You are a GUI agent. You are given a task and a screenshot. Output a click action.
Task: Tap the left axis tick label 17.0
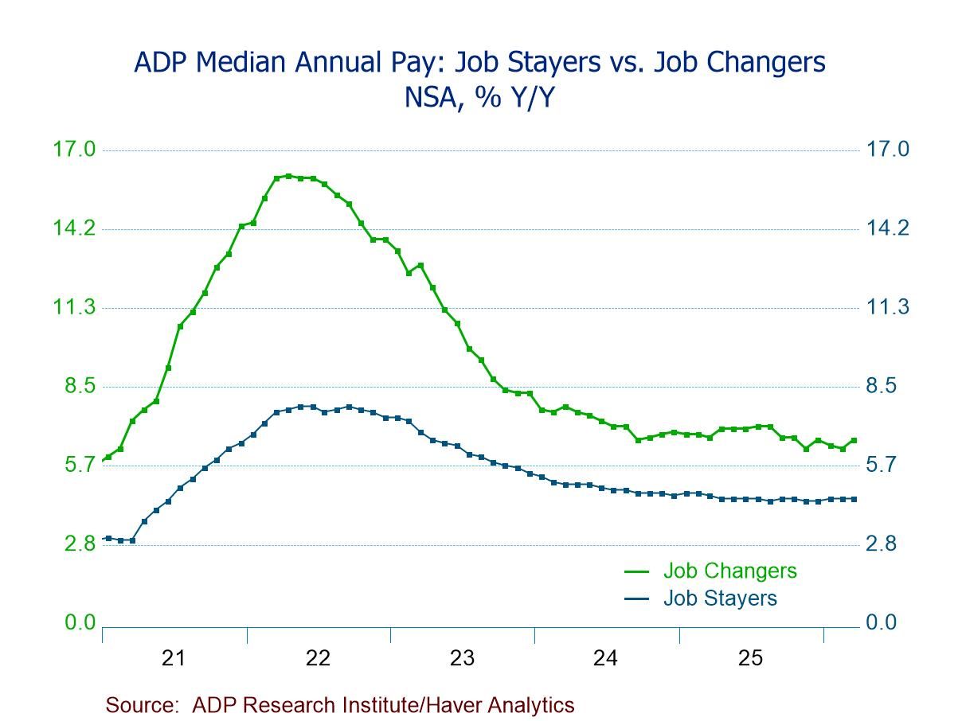pyautogui.click(x=73, y=150)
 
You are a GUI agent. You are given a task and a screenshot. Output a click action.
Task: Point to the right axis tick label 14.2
pyautogui.click(x=887, y=229)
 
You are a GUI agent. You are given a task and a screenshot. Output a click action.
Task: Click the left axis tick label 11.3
pyautogui.click(x=73, y=308)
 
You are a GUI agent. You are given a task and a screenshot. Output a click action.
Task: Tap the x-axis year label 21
pyautogui.click(x=174, y=659)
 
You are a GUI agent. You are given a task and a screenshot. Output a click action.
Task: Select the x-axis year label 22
pyautogui.click(x=318, y=659)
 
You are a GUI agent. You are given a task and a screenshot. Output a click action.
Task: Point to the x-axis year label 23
pyautogui.click(x=462, y=659)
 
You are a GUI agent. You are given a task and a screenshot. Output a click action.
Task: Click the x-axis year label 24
pyautogui.click(x=606, y=659)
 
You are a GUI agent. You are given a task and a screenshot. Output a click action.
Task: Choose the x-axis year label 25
pyautogui.click(x=750, y=659)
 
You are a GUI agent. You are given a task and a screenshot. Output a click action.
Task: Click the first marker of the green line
pyautogui.click(x=108, y=458)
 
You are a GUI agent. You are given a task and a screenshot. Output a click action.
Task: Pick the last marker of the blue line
pyautogui.click(x=854, y=499)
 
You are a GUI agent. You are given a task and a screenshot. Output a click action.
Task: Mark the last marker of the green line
pyautogui.click(x=854, y=440)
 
